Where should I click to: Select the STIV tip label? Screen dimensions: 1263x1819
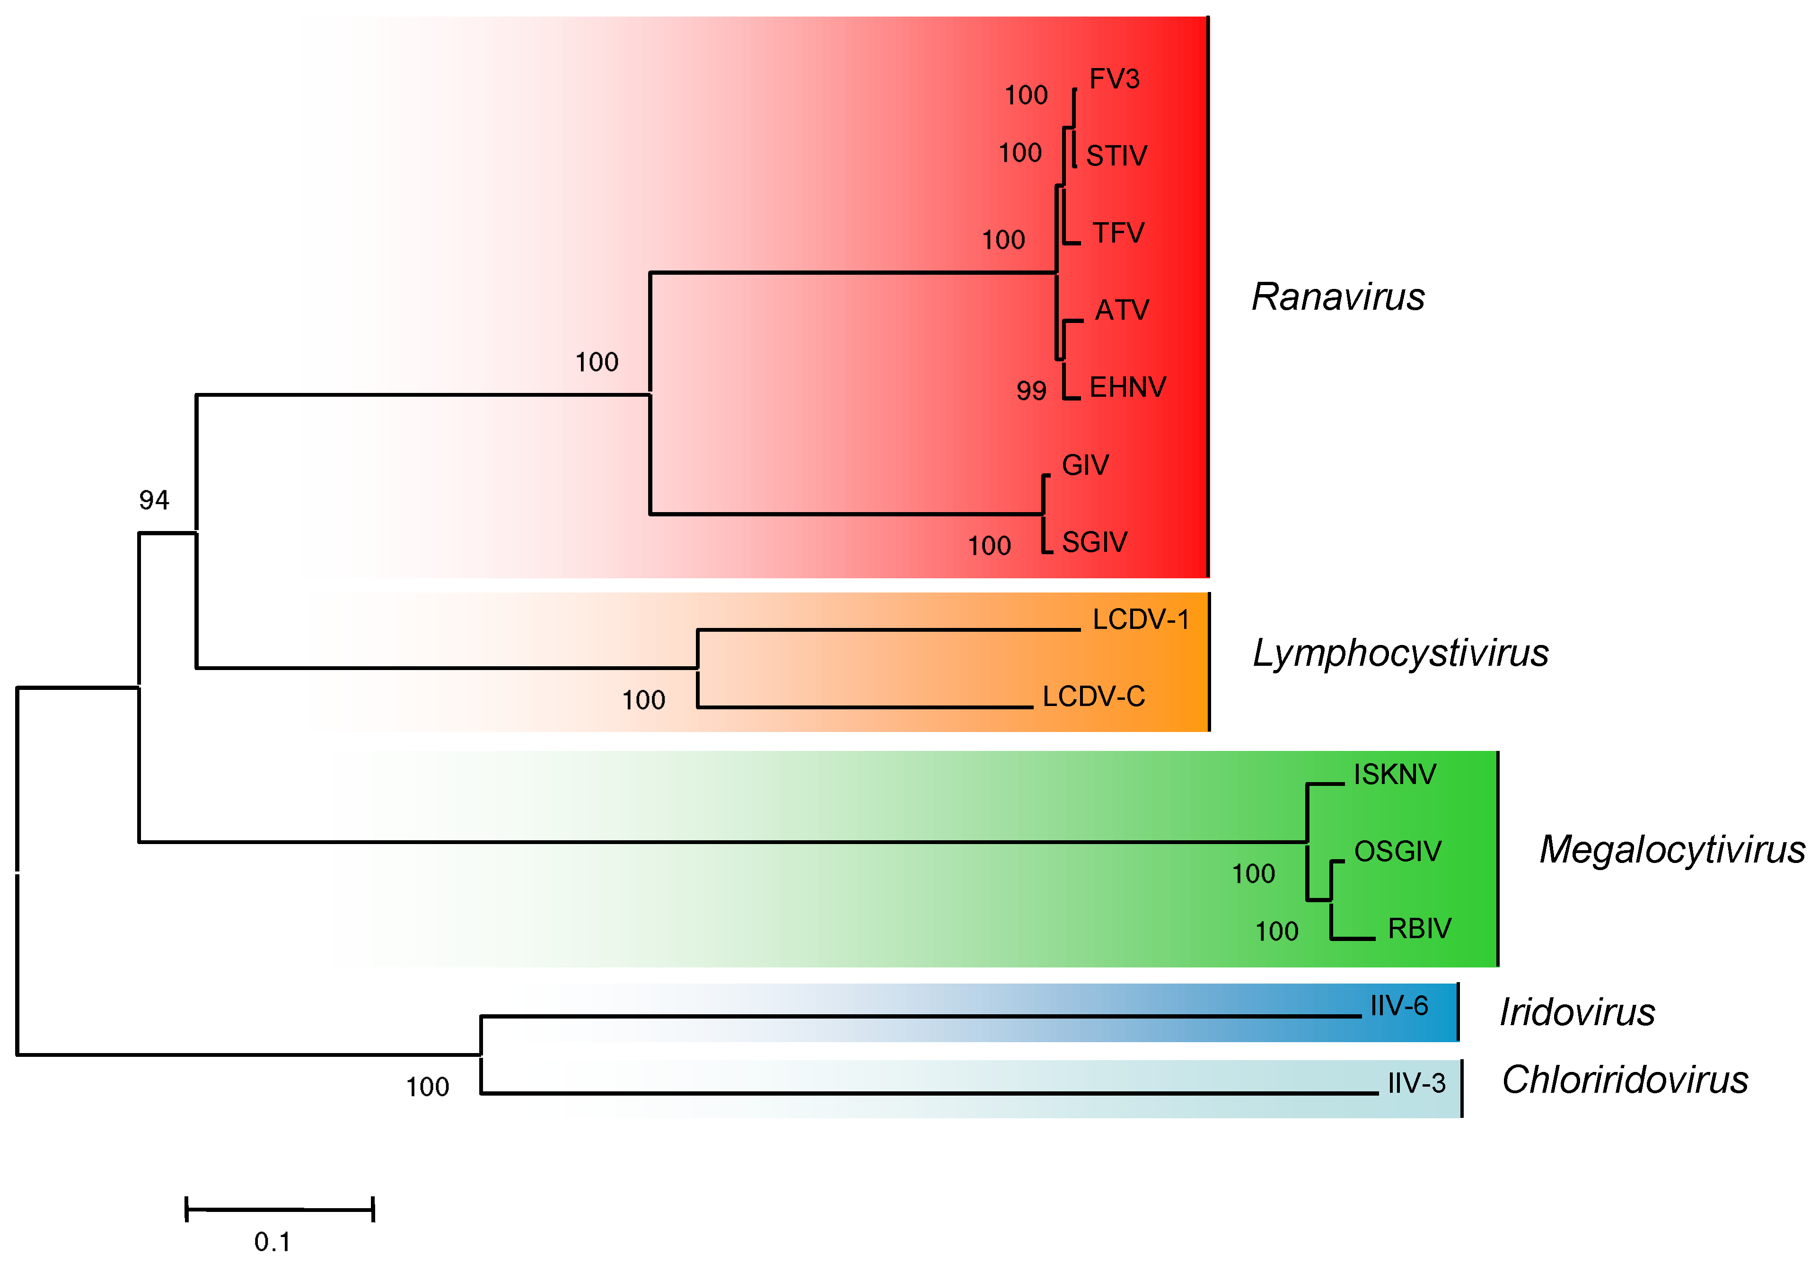[x=1116, y=156]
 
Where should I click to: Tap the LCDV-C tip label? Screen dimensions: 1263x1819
[x=1093, y=697]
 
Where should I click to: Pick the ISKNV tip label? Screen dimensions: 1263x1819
[x=1394, y=775]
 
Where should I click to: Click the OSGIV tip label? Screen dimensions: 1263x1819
[x=1397, y=852]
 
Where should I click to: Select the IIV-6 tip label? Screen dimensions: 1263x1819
[x=1399, y=1006]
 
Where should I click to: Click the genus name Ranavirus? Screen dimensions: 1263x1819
[x=1338, y=297]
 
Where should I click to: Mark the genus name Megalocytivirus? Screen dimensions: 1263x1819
[x=1672, y=850]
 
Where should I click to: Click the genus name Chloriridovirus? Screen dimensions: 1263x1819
[x=1624, y=1080]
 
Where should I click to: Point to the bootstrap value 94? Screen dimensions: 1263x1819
[x=154, y=500]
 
